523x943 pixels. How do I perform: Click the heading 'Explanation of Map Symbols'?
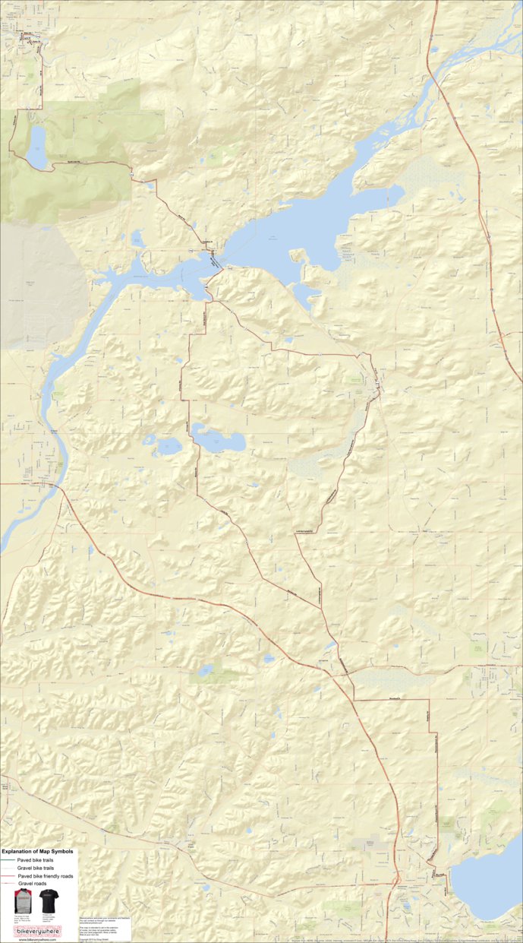[x=39, y=853]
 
